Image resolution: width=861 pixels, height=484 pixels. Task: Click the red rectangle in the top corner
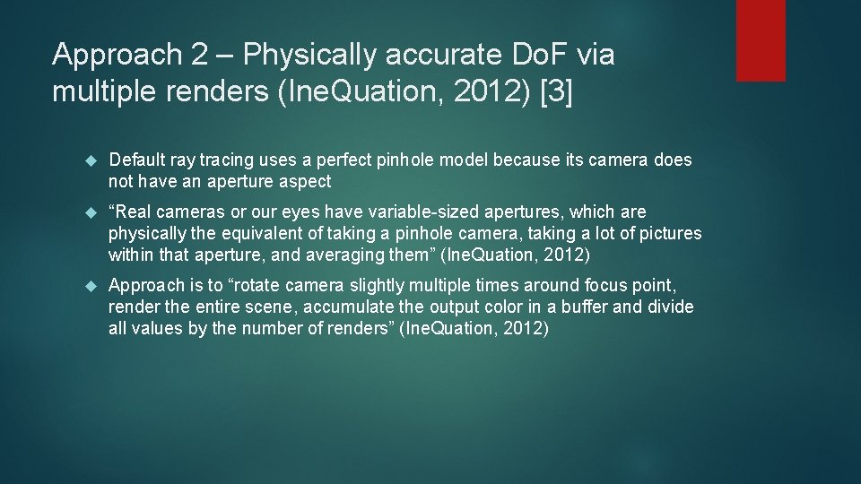[761, 40]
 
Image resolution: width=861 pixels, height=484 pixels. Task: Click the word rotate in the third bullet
[271, 286]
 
